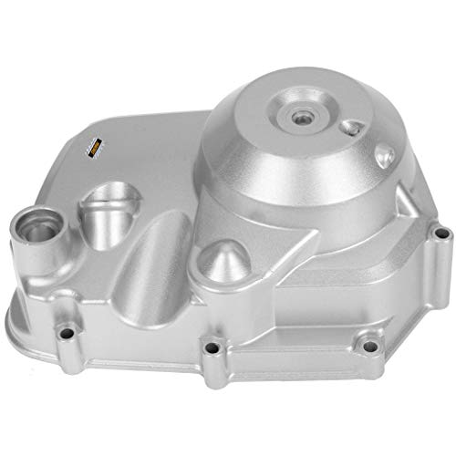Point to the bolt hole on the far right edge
[441, 235]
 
